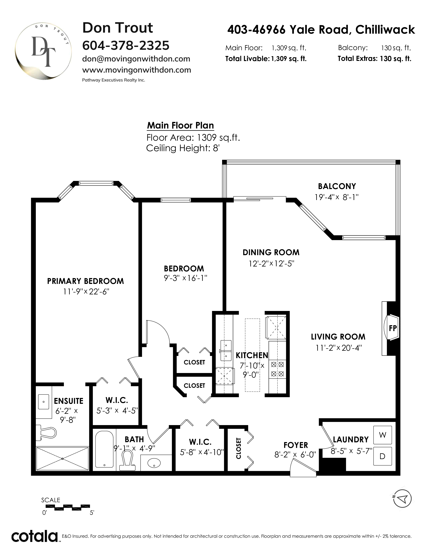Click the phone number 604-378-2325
pos(126,45)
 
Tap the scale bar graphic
pos(66,507)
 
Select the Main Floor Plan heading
pos(181,125)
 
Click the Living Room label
pos(338,337)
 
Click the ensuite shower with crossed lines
pos(63,459)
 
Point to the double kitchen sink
pos(226,350)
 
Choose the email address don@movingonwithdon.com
pos(136,59)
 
